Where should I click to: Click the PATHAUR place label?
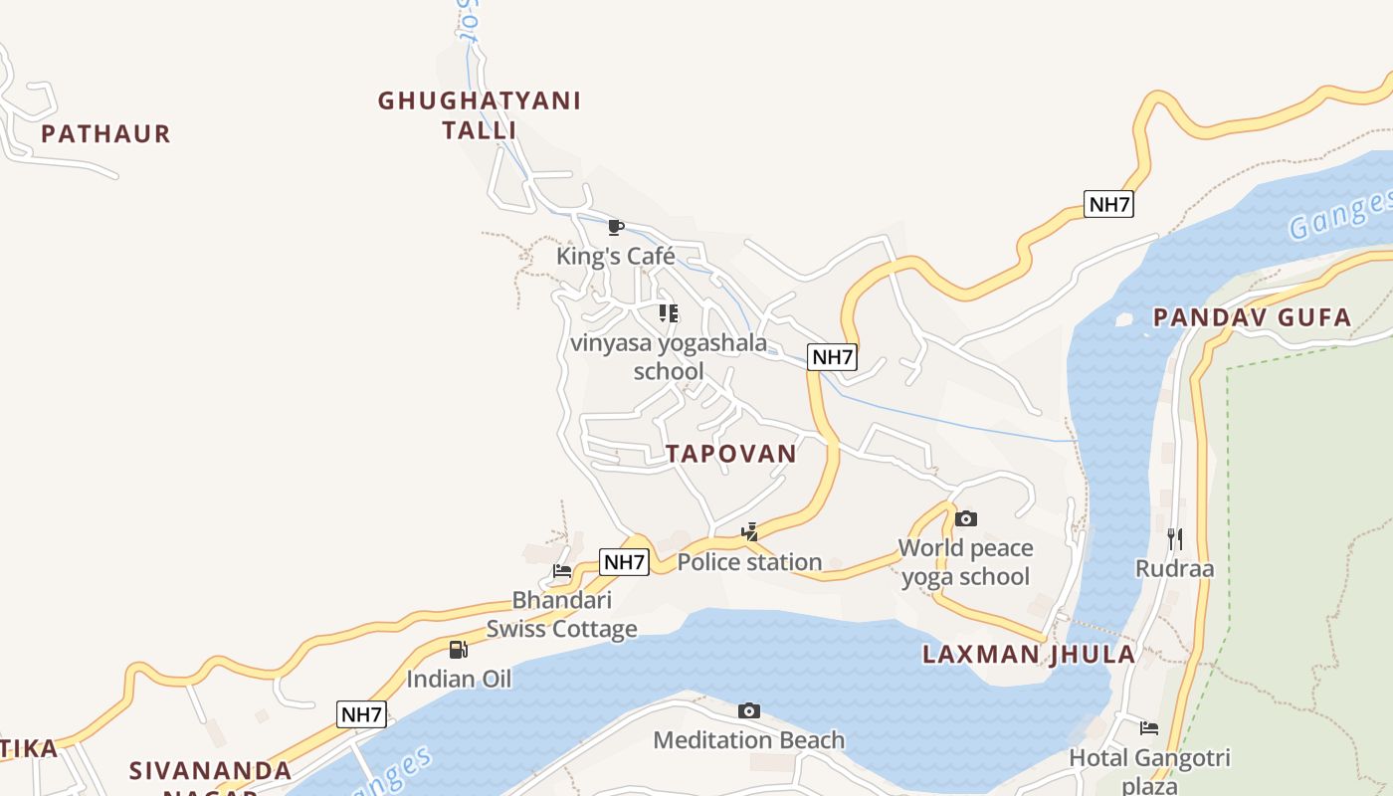(x=105, y=133)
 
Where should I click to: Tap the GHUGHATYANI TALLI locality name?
(x=479, y=114)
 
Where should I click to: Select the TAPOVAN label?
(x=731, y=454)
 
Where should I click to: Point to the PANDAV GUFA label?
(x=1252, y=317)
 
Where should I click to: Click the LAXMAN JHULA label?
(x=1028, y=654)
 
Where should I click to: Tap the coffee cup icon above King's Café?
(x=615, y=227)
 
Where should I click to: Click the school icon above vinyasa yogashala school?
(x=669, y=313)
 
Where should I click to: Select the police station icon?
(x=749, y=532)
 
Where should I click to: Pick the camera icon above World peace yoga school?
(x=965, y=518)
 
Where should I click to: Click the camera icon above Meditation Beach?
(x=749, y=710)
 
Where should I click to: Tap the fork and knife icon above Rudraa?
(x=1175, y=539)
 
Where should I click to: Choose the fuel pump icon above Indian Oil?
(x=458, y=650)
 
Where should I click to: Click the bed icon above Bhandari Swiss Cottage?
(x=562, y=571)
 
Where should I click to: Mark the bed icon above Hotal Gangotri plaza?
(x=1149, y=727)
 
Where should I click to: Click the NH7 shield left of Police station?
(x=625, y=562)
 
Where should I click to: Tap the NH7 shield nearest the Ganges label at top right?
(x=1108, y=205)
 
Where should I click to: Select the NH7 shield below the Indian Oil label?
(x=361, y=714)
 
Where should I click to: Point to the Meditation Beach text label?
(x=748, y=740)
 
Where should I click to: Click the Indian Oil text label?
(x=459, y=680)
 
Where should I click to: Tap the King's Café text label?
(x=615, y=256)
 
